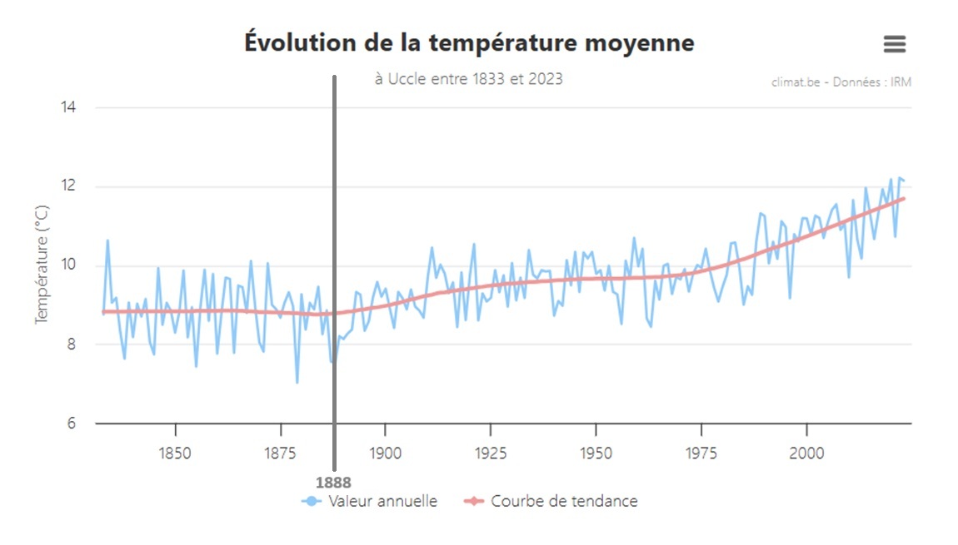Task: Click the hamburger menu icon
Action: click(895, 44)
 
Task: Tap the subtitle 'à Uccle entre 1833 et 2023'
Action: click(469, 79)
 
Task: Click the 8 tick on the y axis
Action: click(71, 344)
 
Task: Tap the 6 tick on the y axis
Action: click(71, 424)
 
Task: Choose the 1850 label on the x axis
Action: click(175, 453)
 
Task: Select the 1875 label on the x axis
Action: click(280, 453)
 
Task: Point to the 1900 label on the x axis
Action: click(385, 453)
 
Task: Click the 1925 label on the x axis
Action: click(491, 453)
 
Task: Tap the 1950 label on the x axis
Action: click(596, 453)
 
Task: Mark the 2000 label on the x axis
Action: click(806, 453)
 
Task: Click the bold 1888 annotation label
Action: click(333, 482)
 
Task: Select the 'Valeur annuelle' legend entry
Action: click(371, 501)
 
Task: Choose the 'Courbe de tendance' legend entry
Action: click(552, 501)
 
